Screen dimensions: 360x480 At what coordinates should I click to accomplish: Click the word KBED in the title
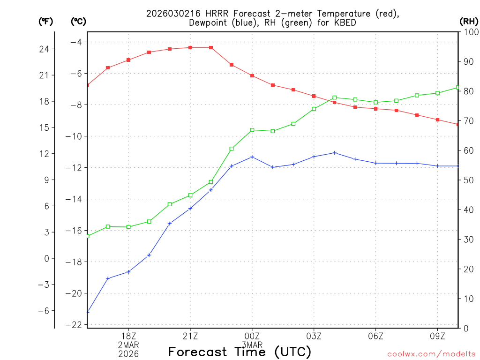pyautogui.click(x=344, y=22)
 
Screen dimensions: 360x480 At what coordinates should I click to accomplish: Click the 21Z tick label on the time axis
pyautogui.click(x=190, y=336)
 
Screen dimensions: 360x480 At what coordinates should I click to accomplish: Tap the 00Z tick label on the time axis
pyautogui.click(x=252, y=336)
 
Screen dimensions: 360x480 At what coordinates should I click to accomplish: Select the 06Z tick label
pyautogui.click(x=376, y=336)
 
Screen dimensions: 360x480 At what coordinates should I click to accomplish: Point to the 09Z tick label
pyautogui.click(x=438, y=336)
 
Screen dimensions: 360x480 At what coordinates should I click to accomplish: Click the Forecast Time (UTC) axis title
pyautogui.click(x=240, y=352)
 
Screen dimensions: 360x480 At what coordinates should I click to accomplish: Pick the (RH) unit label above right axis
pyautogui.click(x=469, y=21)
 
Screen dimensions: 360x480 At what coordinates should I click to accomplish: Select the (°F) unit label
pyautogui.click(x=46, y=21)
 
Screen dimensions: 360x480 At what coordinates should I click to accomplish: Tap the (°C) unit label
pyautogui.click(x=79, y=21)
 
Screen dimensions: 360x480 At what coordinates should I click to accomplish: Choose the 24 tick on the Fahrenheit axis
pyautogui.click(x=47, y=49)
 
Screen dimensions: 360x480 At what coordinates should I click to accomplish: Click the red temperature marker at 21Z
pyautogui.click(x=190, y=47)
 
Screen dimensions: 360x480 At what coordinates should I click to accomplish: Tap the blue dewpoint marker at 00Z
pyautogui.click(x=252, y=157)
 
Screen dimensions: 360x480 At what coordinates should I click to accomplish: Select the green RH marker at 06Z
pyautogui.click(x=376, y=102)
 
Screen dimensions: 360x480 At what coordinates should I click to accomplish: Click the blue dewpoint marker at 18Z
pyautogui.click(x=128, y=271)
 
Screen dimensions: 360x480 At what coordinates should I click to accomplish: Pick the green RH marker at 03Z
pyautogui.click(x=314, y=109)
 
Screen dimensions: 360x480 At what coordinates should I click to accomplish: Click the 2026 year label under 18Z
pyautogui.click(x=128, y=353)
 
